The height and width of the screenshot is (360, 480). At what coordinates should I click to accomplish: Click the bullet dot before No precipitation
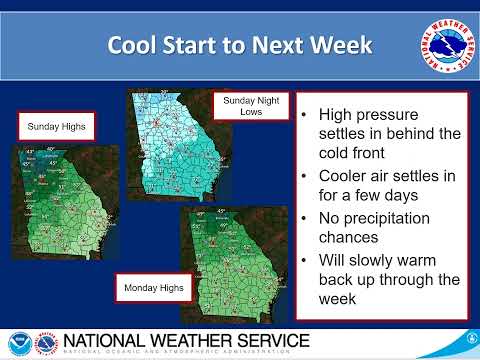coord(304,219)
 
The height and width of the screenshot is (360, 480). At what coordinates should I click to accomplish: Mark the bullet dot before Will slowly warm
coord(304,260)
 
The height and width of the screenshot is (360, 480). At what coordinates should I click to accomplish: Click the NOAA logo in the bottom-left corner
coord(19,342)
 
